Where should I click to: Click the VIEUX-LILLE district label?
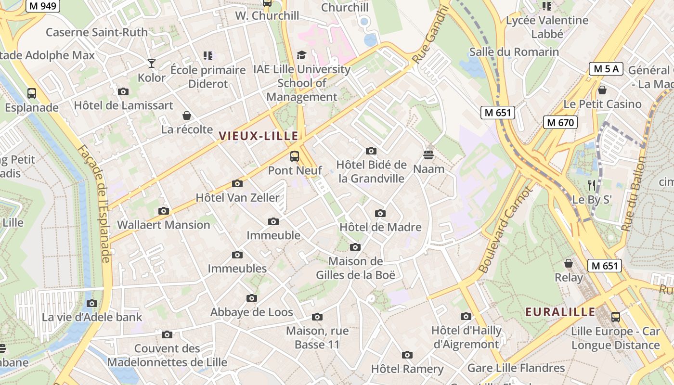pos(259,136)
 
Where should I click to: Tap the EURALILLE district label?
pos(560,312)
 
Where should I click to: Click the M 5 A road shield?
pos(606,69)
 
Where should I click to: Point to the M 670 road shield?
pos(560,123)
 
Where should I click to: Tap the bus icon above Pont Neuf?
pos(294,156)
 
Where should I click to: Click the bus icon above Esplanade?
pos(32,93)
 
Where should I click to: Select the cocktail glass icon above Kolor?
pos(152,63)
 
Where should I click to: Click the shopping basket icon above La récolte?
pos(187,115)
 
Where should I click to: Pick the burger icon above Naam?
pos(428,155)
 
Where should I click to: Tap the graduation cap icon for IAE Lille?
pos(301,55)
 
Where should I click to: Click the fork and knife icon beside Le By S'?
pos(592,185)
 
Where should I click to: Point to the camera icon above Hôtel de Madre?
pos(380,213)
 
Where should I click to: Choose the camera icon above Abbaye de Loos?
pos(251,298)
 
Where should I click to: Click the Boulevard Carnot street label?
pos(506,230)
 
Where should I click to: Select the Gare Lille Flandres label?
pos(516,368)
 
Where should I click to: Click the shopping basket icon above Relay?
pos(569,263)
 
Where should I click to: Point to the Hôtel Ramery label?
pos(407,369)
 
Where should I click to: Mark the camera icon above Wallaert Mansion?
pos(164,211)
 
